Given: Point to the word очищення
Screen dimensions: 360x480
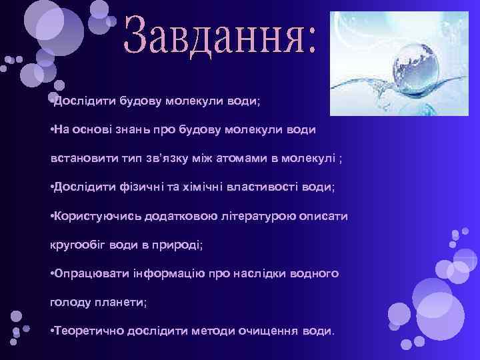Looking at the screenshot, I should coord(268,331).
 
